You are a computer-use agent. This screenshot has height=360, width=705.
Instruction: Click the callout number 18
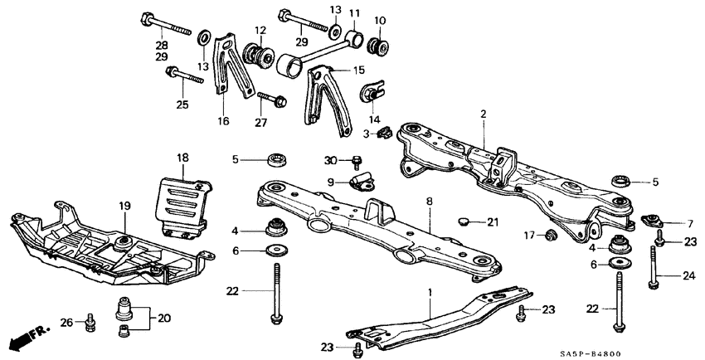[182, 156]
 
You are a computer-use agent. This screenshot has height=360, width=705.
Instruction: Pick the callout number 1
[430, 292]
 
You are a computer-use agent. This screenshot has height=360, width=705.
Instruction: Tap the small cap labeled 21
[465, 221]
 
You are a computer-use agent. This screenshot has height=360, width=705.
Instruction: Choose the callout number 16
[223, 119]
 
